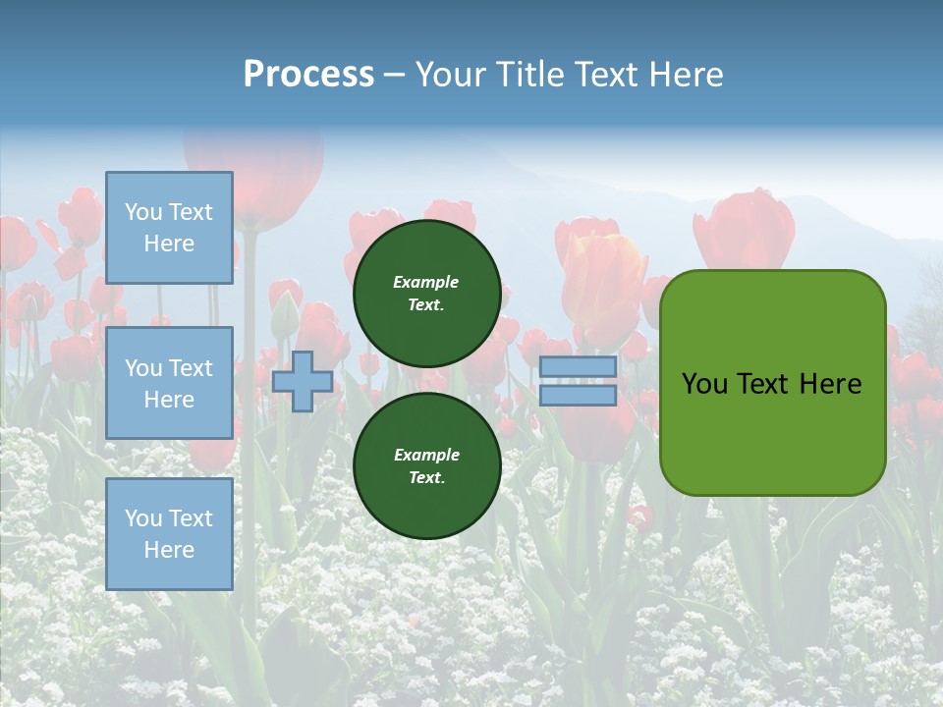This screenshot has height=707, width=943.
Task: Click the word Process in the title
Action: pos(308,75)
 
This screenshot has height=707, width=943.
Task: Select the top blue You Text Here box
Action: pos(169,228)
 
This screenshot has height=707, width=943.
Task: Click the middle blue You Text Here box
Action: pos(169,383)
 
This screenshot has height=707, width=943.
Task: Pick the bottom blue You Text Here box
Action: pos(169,533)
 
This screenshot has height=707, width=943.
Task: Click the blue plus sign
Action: pos(303,381)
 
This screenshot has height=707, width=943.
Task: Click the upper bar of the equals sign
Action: pos(578,366)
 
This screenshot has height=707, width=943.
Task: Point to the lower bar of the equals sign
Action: pos(578,395)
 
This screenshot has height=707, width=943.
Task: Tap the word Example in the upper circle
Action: pos(425,282)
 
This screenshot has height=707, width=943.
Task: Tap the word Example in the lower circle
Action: pos(426,455)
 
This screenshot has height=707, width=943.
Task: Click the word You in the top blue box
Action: pos(143,212)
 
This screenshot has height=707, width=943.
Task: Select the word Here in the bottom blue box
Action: pos(169,550)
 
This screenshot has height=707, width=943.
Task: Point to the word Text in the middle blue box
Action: pos(191,368)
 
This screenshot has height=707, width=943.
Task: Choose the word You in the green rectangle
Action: pos(705,384)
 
